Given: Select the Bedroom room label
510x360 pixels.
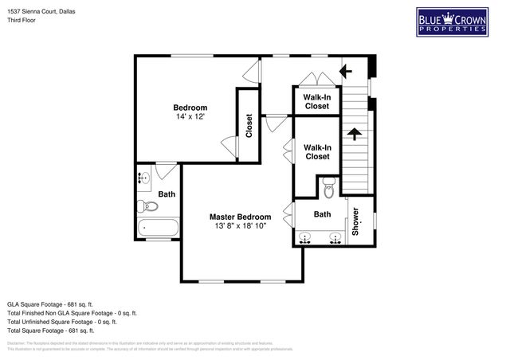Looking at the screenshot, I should coord(190,108).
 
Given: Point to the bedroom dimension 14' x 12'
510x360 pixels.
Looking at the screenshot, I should coord(190,117).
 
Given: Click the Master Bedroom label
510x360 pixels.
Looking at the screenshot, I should coord(240,217).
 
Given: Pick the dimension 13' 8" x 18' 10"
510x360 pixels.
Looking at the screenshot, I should coord(240,226).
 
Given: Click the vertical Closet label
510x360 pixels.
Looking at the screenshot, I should coord(249,126).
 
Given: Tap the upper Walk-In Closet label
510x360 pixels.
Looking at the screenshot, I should coord(316,101).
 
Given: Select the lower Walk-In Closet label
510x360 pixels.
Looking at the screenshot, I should coord(316,151).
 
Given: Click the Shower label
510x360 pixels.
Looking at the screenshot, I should coord(355,221).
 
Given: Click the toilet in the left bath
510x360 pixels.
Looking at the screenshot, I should coord(149,206).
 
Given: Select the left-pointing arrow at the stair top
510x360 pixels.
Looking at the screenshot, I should coord(346,72).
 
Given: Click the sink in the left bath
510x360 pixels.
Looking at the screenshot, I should coord(143,178).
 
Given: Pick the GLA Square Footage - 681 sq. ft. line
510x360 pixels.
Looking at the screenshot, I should coord(50,304).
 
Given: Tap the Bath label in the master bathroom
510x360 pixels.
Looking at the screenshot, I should coord(322,214).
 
